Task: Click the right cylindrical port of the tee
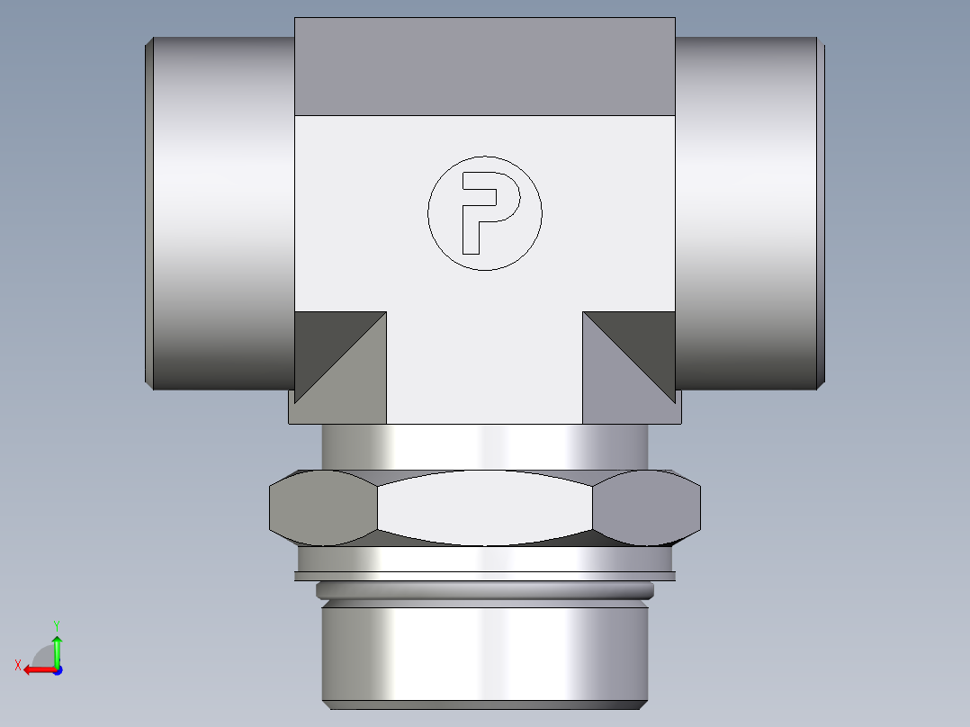pos(747,213)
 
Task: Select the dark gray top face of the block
pos(485,67)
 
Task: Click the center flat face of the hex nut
pos(485,508)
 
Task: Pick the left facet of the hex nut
pos(323,508)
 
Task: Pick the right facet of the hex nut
pos(647,508)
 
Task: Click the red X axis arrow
pos(37,669)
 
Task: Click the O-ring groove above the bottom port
pos(485,591)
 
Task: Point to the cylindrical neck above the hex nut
pos(485,446)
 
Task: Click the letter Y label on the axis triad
pos(56,624)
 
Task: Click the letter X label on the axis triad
pos(18,665)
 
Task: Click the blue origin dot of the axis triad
pos(57,669)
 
